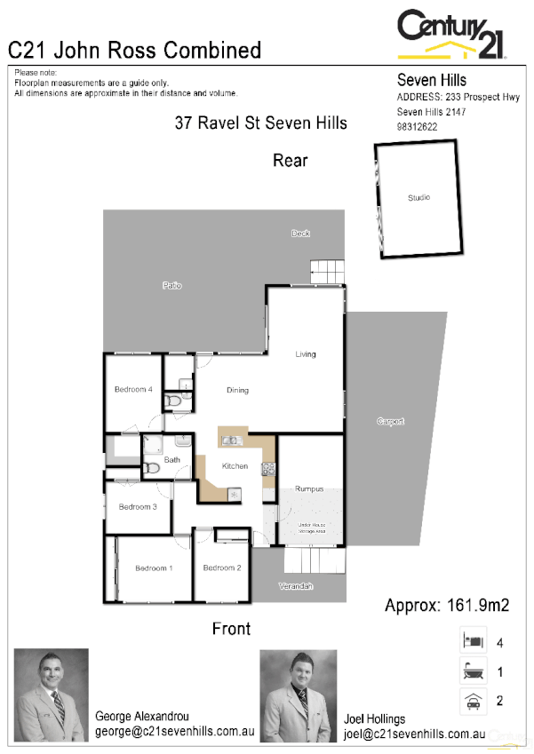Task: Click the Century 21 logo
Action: click(451, 35)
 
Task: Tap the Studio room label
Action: click(418, 198)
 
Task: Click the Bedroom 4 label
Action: click(133, 390)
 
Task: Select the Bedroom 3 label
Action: click(138, 507)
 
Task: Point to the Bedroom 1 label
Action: click(154, 568)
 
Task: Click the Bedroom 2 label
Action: click(222, 568)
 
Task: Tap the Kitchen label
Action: click(235, 466)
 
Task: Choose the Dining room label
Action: click(237, 390)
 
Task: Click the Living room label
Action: click(306, 354)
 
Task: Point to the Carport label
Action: click(390, 421)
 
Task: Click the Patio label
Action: click(171, 285)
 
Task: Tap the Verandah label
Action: click(296, 587)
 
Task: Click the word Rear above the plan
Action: click(290, 161)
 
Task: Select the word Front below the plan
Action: click(231, 629)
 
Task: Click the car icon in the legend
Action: click(472, 701)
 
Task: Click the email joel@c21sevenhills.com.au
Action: click(414, 734)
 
